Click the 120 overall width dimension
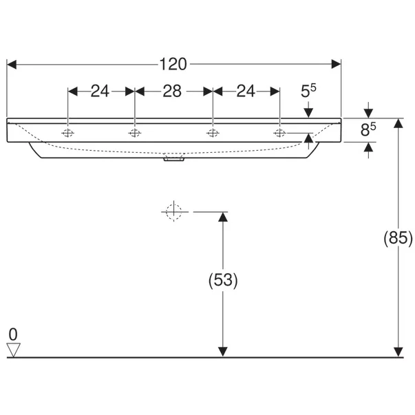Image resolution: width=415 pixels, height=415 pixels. pyautogui.click(x=173, y=64)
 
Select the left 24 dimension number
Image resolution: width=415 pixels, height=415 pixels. pyautogui.click(x=100, y=91)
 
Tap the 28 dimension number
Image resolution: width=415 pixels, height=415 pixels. pyautogui.click(x=172, y=91)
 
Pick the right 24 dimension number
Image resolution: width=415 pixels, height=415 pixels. pyautogui.click(x=246, y=91)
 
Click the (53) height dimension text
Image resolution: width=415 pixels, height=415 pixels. pyautogui.click(x=222, y=281)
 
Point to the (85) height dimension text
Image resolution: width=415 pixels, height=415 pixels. pyautogui.click(x=398, y=238)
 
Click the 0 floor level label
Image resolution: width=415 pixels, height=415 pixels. pyautogui.click(x=12, y=334)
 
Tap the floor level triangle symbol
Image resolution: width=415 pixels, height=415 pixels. pyautogui.click(x=12, y=350)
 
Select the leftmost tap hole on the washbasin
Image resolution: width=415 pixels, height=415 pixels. pyautogui.click(x=68, y=133)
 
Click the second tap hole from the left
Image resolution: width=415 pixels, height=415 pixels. pyautogui.click(x=135, y=133)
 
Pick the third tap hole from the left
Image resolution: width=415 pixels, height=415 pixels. pyautogui.click(x=213, y=133)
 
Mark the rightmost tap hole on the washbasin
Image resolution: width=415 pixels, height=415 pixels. pyautogui.click(x=279, y=133)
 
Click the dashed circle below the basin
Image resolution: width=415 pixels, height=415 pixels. pyautogui.click(x=173, y=211)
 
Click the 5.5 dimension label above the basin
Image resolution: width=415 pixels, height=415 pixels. pyautogui.click(x=309, y=90)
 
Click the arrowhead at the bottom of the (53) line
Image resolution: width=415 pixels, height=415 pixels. pyautogui.click(x=222, y=352)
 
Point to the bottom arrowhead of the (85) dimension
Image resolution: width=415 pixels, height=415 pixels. pyautogui.click(x=398, y=352)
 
